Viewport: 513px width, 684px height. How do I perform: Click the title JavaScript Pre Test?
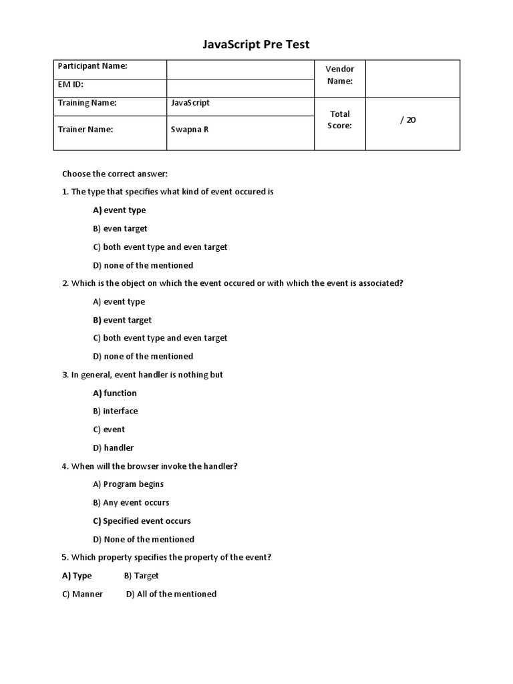[x=256, y=45]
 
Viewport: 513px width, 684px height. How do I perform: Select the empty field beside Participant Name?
[x=240, y=69]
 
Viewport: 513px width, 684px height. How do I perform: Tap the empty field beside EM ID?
[x=240, y=88]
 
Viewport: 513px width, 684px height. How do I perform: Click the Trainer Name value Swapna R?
[x=190, y=130]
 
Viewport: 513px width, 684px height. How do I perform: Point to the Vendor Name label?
[x=339, y=75]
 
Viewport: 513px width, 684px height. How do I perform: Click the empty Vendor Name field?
[x=412, y=78]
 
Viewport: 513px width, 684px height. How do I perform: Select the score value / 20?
[x=407, y=120]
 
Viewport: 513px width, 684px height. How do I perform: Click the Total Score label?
[x=340, y=120]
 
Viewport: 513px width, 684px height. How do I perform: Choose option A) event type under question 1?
[x=120, y=210]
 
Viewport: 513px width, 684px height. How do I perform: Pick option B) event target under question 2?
[x=122, y=320]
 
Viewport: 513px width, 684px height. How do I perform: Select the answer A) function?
[x=115, y=393]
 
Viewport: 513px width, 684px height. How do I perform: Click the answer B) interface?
[x=116, y=411]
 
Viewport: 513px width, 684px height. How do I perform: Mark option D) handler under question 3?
[x=114, y=448]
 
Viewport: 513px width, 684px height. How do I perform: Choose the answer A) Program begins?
[x=128, y=484]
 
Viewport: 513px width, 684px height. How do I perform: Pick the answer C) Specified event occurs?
[x=142, y=521]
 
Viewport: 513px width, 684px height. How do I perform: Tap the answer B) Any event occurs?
[x=131, y=502]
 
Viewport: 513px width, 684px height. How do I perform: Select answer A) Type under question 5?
[x=77, y=576]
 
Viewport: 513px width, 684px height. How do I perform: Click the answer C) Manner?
[x=82, y=594]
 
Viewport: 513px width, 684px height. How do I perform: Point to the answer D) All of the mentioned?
[x=171, y=594]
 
